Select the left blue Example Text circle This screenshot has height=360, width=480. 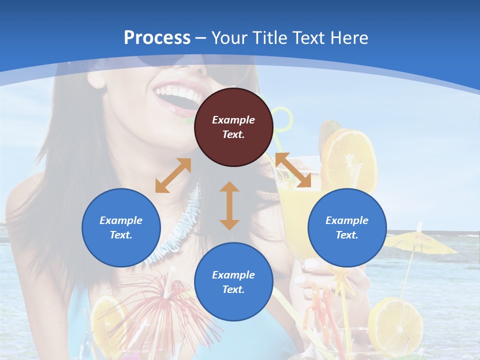pos(121,227)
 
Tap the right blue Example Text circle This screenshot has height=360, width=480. pos(347,227)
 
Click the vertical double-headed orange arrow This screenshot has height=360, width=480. pos(229,205)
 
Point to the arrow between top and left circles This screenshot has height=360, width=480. pos(173,175)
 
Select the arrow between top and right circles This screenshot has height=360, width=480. pos(293,170)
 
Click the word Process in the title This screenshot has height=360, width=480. pos(157,37)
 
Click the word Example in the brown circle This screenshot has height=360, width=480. pos(233,120)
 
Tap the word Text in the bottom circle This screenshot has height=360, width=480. pos(233,289)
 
